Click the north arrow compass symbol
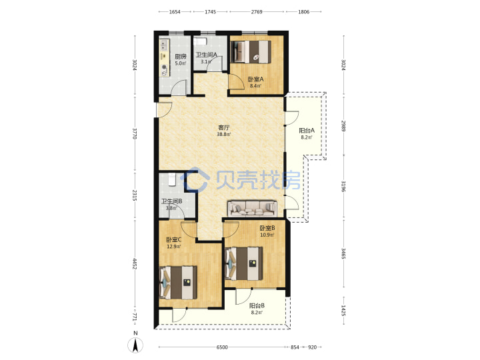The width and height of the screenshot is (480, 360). [135, 345]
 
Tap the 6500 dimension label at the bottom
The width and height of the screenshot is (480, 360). [222, 347]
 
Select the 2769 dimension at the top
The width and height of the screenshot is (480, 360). [257, 11]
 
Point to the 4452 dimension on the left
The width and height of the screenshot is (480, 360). [135, 263]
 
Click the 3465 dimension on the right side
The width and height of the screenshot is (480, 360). [343, 253]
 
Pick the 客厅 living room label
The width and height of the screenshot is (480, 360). [223, 127]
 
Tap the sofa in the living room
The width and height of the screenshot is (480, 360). [252, 209]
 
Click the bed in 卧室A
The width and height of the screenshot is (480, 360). [251, 52]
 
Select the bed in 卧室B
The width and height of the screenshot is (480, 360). [244, 263]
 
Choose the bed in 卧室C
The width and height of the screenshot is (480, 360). [178, 283]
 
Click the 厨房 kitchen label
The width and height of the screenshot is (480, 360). [181, 57]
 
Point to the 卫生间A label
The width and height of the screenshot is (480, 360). [207, 55]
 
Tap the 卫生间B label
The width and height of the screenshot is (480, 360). [172, 201]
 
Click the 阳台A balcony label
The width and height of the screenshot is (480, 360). [307, 131]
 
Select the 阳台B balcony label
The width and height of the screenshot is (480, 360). [257, 305]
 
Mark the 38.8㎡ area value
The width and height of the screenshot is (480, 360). [224, 135]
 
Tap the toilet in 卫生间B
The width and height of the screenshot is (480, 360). [172, 179]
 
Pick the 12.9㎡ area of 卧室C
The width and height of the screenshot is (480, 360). [173, 247]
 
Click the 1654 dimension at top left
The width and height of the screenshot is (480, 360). [175, 11]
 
